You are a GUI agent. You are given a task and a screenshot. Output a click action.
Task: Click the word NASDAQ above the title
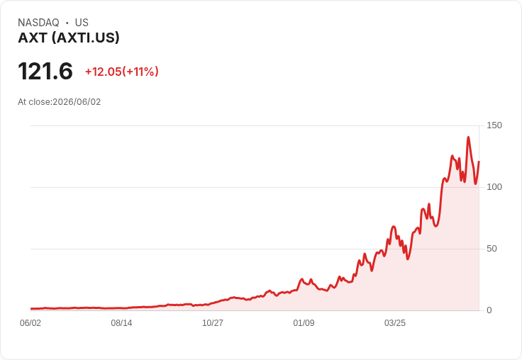tap(38, 23)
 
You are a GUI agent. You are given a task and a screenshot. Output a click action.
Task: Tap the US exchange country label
tap(82, 23)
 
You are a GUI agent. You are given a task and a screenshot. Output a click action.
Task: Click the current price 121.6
tap(45, 71)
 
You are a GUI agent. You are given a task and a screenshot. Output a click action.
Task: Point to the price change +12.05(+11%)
tap(122, 72)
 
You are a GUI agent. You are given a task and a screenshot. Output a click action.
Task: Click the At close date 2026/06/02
tap(77, 102)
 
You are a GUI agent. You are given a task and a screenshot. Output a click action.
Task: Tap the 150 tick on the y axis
tap(494, 125)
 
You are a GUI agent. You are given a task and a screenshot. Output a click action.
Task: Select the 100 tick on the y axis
tap(494, 187)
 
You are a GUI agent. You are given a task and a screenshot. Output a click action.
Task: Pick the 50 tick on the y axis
tap(492, 249)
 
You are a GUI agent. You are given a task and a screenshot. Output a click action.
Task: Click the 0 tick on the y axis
tap(489, 310)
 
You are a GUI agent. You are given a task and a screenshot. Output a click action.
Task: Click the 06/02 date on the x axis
tap(30, 322)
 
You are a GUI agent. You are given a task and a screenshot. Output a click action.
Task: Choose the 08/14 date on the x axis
tap(121, 322)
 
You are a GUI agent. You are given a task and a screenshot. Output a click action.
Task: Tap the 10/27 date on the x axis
tap(213, 322)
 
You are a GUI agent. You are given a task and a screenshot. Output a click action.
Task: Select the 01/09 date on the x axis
tap(304, 322)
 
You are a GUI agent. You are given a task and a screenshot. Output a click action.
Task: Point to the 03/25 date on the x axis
tap(395, 322)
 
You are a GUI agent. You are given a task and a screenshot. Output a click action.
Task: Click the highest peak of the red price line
tap(468, 137)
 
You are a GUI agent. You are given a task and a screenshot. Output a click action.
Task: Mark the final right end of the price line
tap(479, 162)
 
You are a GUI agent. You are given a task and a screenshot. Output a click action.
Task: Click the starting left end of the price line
tap(31, 309)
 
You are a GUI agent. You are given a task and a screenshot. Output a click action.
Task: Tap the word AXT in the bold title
tap(33, 38)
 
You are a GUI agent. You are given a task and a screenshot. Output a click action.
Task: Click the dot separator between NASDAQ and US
tap(67, 23)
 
